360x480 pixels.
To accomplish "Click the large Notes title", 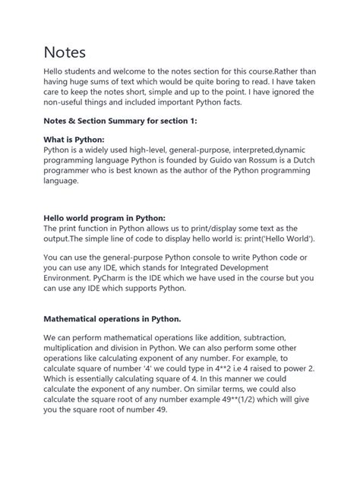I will click(x=65, y=52).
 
